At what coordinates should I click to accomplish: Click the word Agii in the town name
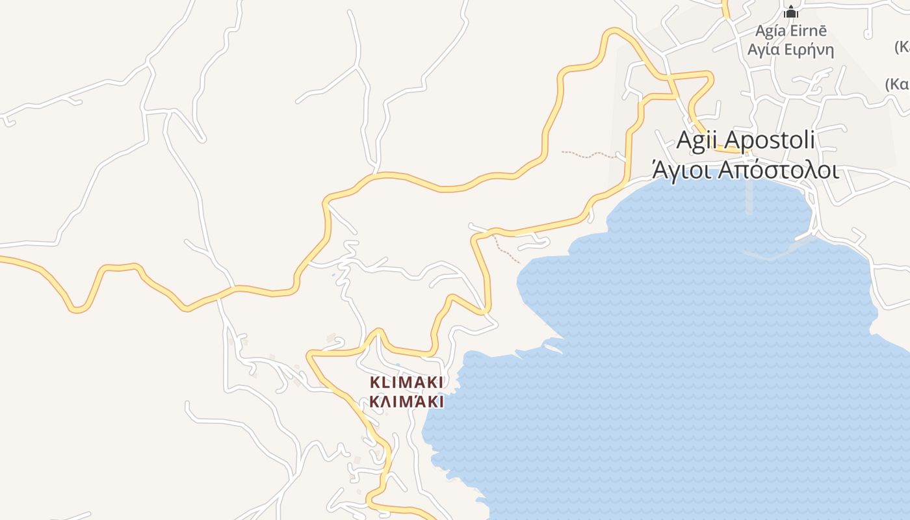point(697,139)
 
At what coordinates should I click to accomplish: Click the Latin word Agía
point(771,31)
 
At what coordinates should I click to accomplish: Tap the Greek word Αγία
point(764,50)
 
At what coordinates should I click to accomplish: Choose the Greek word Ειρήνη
point(809,50)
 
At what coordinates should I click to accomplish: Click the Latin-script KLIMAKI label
point(406,382)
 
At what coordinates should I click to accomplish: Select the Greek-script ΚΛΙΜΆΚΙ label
point(406,402)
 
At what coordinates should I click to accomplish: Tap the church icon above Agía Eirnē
point(790,12)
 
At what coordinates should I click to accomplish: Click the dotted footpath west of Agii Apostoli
point(588,155)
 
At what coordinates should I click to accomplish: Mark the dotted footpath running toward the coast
point(506,250)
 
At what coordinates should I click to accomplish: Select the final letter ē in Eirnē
point(823,31)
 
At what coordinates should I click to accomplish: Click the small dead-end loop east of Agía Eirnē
point(867,33)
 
